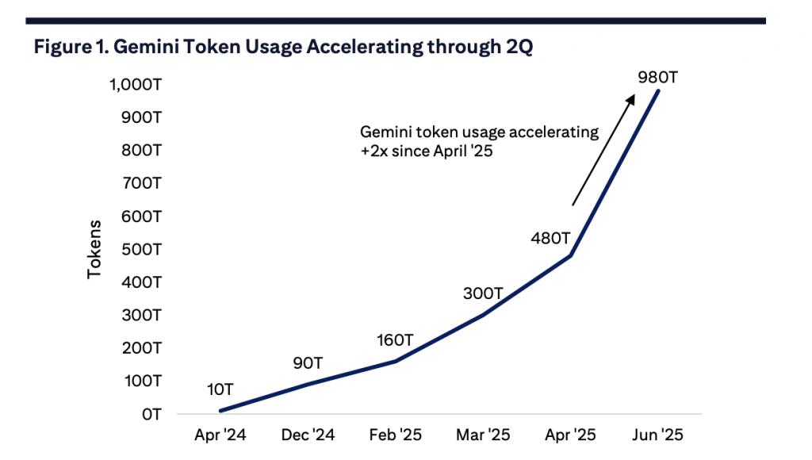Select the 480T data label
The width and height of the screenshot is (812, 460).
click(550, 239)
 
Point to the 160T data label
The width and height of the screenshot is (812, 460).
click(395, 341)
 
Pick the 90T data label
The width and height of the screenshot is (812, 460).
click(308, 363)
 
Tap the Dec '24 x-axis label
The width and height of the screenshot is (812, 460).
click(308, 435)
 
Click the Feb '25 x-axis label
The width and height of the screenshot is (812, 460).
click(395, 435)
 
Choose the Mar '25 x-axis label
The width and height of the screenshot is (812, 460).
click(483, 435)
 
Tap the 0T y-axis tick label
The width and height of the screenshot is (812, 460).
click(151, 414)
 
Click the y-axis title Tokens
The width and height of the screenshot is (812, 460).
click(95, 249)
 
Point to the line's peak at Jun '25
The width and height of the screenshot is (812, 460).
click(658, 90)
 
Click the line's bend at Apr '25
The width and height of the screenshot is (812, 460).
click(571, 255)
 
